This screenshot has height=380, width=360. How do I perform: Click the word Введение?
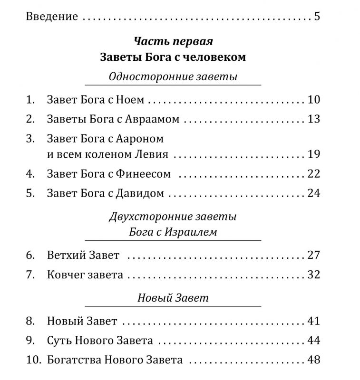click(51, 17)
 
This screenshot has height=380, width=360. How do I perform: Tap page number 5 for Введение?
click(317, 17)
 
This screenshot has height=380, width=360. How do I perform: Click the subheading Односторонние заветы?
click(173, 76)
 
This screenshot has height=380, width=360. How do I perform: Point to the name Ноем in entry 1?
click(130, 100)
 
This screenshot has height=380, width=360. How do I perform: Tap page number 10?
click(314, 100)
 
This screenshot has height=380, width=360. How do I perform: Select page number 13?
click(314, 119)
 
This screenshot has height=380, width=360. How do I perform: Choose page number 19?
click(314, 154)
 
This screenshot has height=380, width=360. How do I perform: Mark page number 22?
click(314, 174)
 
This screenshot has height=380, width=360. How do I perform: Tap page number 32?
click(314, 275)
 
